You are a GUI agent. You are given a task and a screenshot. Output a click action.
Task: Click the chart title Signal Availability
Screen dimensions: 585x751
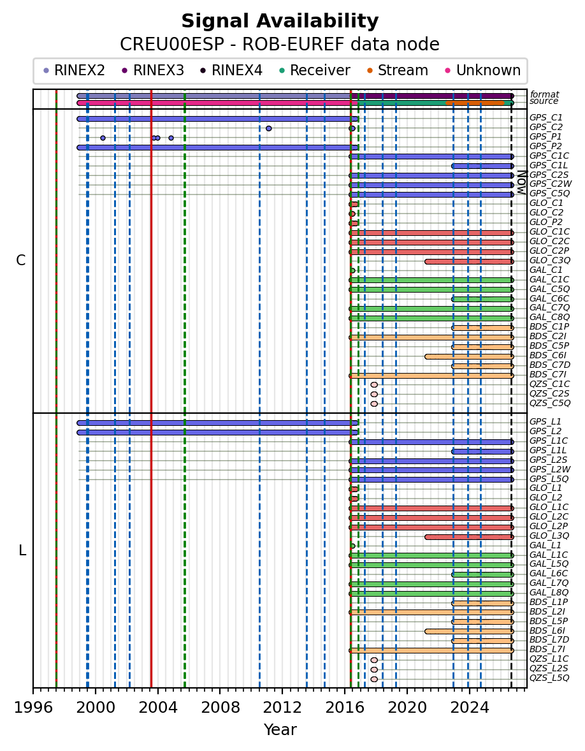280,22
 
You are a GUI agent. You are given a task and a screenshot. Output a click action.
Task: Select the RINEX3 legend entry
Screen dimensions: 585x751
153,70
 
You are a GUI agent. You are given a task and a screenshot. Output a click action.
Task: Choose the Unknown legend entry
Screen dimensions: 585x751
482,70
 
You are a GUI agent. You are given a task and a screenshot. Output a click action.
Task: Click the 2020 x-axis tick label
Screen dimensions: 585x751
407,708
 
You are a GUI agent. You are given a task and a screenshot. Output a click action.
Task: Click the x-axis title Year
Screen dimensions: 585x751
280,729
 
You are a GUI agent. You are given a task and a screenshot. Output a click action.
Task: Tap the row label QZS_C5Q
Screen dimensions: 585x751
550,404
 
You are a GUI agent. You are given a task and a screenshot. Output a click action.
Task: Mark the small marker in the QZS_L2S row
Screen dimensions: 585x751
374,669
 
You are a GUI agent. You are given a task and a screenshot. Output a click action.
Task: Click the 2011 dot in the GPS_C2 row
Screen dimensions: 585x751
268,128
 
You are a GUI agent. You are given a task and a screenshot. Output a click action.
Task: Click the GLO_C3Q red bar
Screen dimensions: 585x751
469,261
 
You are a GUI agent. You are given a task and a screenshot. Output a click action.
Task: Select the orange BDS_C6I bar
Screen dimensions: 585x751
469,356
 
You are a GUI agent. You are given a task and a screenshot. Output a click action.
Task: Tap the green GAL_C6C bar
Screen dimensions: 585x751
482,300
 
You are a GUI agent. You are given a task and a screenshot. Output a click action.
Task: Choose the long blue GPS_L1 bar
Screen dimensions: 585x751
217,423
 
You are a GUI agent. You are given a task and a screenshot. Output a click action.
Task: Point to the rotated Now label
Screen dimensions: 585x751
522,182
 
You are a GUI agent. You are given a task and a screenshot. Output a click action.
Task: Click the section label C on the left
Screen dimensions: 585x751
20,261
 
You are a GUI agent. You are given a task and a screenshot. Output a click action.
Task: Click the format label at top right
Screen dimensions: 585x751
545,94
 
